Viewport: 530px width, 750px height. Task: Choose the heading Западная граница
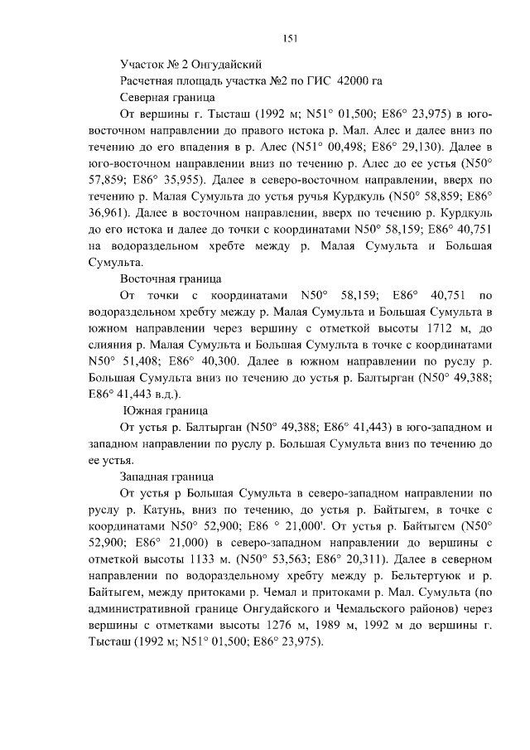[x=167, y=477]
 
